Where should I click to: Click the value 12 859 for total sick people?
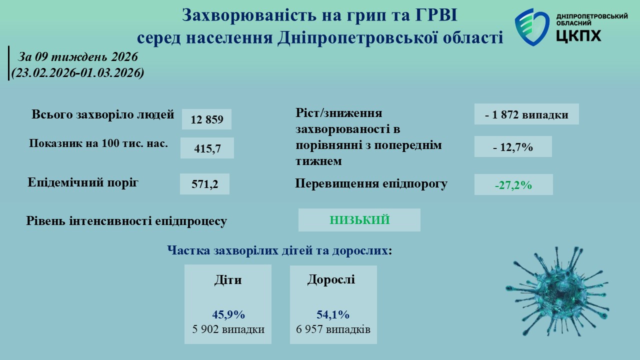[207, 119]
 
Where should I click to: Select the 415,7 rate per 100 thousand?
[207, 148]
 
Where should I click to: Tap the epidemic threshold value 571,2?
[205, 184]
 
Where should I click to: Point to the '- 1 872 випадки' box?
[526, 114]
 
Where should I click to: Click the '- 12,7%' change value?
[513, 147]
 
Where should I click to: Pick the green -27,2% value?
[513, 185]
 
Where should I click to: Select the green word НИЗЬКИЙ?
[359, 220]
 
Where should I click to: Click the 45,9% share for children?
[228, 314]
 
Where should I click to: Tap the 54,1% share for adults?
[333, 314]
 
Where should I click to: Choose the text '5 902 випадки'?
[228, 329]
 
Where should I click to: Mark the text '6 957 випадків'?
[333, 329]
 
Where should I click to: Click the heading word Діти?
[228, 279]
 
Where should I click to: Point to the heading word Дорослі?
[331, 279]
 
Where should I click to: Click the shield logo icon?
[532, 27]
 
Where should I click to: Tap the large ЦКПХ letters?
[579, 35]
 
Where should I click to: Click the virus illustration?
[557, 291]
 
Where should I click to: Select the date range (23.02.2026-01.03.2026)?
[77, 72]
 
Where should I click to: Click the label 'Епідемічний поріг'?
[83, 182]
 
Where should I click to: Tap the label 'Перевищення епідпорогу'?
[371, 183]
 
